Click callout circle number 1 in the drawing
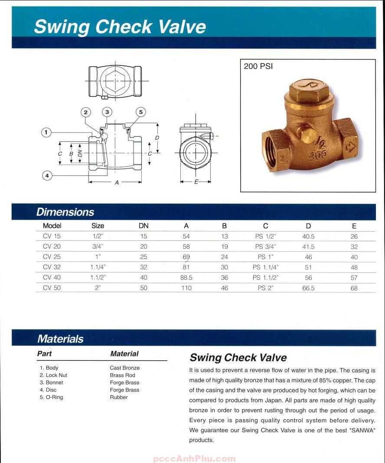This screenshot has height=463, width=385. pos(46,132)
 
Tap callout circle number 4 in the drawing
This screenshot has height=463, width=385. pos(47,175)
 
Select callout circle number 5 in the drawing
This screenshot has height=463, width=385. pos(141,112)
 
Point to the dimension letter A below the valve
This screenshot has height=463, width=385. pos(117,183)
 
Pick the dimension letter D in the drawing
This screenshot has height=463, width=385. pos(157,138)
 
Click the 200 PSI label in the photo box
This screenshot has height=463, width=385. pos(258,67)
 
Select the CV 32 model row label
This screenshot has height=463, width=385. pos(52,267)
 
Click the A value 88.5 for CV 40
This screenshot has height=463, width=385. pos(186,278)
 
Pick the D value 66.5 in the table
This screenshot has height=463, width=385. pos(308,288)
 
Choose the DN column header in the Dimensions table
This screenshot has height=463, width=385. pos(144,226)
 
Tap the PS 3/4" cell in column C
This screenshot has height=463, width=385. pos(265,246)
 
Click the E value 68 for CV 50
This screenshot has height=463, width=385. pos(354,288)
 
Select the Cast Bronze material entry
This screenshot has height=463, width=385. pos(125,368)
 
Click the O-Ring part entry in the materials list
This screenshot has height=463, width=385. pos(52,397)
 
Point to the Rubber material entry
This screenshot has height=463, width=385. pos(119,397)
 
